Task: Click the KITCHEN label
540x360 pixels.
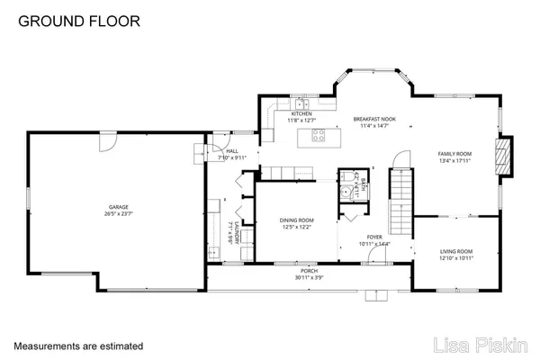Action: click(x=301, y=113)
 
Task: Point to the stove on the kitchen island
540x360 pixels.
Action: click(x=318, y=136)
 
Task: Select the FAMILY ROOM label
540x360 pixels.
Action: click(x=454, y=154)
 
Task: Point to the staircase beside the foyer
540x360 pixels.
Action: click(x=400, y=201)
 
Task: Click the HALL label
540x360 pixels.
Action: click(x=231, y=151)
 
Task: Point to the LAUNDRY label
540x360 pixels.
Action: click(x=233, y=234)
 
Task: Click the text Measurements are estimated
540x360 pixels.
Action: click(x=77, y=345)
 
